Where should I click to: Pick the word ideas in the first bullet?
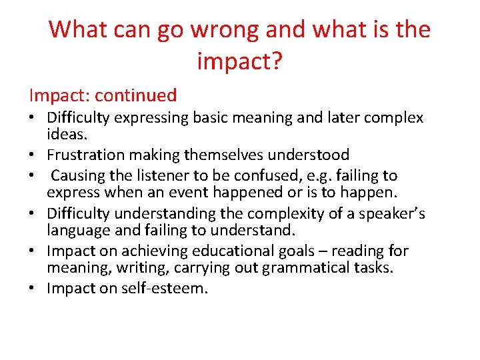pos(66,134)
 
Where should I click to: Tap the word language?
pos(76,230)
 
